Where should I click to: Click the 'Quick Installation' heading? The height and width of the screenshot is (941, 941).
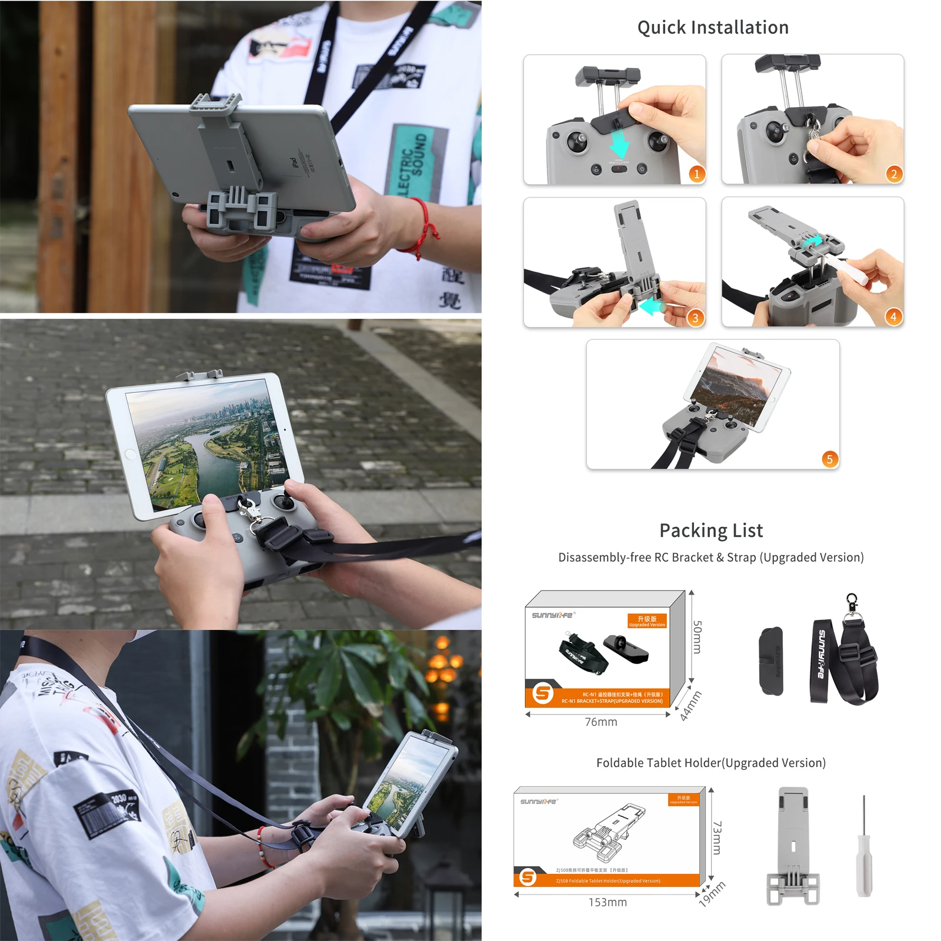pos(713,28)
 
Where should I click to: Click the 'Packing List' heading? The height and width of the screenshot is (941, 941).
pos(711,530)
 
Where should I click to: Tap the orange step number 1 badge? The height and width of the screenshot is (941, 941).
pos(696,174)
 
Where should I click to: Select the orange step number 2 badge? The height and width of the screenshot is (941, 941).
pos(894,174)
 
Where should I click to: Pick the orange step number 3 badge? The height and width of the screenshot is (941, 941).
pos(695,318)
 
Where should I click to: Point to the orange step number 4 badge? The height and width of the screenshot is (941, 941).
pos(893,317)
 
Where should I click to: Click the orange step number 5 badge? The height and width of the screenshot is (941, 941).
pos(829,459)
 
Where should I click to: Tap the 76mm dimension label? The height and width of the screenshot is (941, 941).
pos(601,722)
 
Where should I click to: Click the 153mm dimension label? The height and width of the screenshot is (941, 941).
pos(608,902)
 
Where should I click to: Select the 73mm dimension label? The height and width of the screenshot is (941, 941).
pos(717,837)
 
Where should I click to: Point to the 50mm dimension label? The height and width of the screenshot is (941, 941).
pos(697,637)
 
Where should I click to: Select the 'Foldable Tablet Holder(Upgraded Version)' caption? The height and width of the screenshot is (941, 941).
pos(710,763)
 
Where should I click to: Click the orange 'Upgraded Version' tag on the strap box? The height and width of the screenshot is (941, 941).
pos(647,621)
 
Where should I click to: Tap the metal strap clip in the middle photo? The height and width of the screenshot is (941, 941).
pos(251,513)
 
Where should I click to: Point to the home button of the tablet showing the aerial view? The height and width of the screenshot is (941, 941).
pos(130,455)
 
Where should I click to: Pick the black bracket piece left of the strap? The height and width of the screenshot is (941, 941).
pos(771,661)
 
